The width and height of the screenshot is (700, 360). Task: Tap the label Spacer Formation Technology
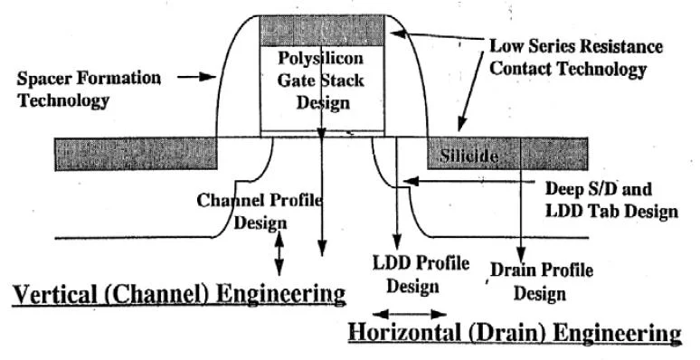pyautogui.click(x=89, y=89)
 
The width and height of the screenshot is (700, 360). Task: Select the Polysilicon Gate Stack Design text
pyautogui.click(x=321, y=81)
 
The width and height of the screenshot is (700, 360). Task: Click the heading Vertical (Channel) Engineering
pyautogui.click(x=179, y=295)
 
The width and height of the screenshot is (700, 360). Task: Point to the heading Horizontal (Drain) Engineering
pyautogui.click(x=515, y=333)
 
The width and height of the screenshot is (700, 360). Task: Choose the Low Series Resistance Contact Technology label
pyautogui.click(x=576, y=58)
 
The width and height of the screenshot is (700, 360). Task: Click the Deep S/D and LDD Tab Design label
pyautogui.click(x=611, y=200)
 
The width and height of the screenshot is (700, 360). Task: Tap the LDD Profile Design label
pyautogui.click(x=421, y=274)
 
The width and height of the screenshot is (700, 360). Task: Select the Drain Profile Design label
pyautogui.click(x=542, y=282)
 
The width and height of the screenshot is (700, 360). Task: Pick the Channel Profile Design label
pyautogui.click(x=260, y=211)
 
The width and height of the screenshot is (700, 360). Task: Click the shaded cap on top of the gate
pyautogui.click(x=321, y=31)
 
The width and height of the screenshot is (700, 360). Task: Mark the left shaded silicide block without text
pyautogui.click(x=136, y=154)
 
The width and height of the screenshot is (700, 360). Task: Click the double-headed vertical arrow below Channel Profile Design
pyautogui.click(x=279, y=253)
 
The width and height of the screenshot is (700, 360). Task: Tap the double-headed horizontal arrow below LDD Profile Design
pyautogui.click(x=410, y=315)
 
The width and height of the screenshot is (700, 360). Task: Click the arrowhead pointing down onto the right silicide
pyautogui.click(x=462, y=124)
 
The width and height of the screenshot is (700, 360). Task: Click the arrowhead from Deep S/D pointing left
pyautogui.click(x=411, y=181)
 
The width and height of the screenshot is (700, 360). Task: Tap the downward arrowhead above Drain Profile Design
pyautogui.click(x=521, y=253)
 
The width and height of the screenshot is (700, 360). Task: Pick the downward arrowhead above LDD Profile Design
pyautogui.click(x=397, y=241)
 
